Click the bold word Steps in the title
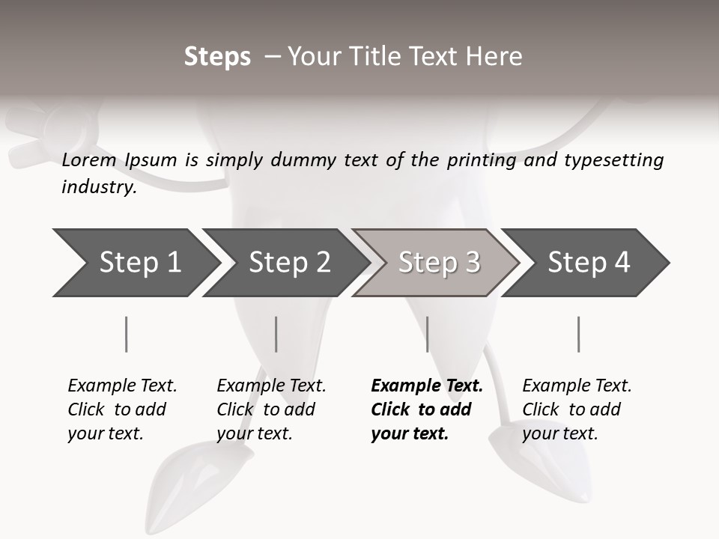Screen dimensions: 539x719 (x=217, y=57)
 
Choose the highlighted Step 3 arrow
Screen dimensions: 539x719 (x=439, y=263)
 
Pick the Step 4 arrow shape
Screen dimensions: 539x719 (x=589, y=263)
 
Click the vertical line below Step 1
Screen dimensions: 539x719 (x=126, y=334)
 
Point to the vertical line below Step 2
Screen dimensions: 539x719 (x=276, y=334)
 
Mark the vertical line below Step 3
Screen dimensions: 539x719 (x=427, y=334)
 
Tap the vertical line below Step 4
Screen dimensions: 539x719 (x=578, y=334)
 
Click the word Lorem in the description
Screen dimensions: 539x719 (x=89, y=159)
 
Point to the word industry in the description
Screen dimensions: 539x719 (x=99, y=187)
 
